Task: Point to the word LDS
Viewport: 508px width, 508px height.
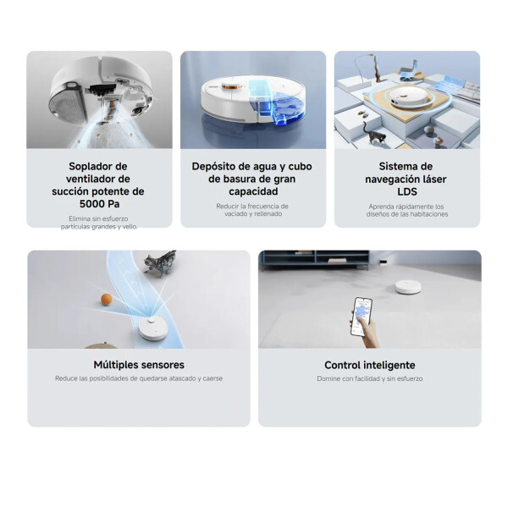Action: [x=407, y=192]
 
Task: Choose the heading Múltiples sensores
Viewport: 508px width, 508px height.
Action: [x=139, y=365]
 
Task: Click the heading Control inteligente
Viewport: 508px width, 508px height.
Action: [x=369, y=365]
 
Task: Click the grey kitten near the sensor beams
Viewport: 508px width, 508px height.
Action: [x=157, y=266]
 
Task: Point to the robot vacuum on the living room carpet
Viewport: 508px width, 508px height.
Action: [x=408, y=285]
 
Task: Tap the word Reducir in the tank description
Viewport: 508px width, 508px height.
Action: [x=229, y=206]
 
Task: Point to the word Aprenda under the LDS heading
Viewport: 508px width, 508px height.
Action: [x=382, y=206]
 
